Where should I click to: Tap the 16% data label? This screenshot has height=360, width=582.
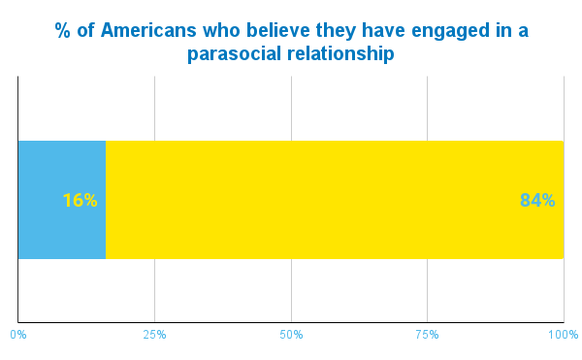coord(80,201)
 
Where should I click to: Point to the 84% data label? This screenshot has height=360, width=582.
coord(537,201)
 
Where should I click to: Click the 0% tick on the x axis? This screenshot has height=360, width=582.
coord(18,335)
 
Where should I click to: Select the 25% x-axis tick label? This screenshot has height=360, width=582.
coord(155,335)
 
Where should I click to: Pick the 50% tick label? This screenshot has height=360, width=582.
coord(291,335)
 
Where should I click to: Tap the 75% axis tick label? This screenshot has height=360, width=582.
coord(428,335)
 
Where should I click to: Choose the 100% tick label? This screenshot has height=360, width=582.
coord(563,335)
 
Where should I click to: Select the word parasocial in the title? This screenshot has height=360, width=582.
coord(236,54)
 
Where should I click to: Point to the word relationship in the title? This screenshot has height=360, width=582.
coord(339,54)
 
